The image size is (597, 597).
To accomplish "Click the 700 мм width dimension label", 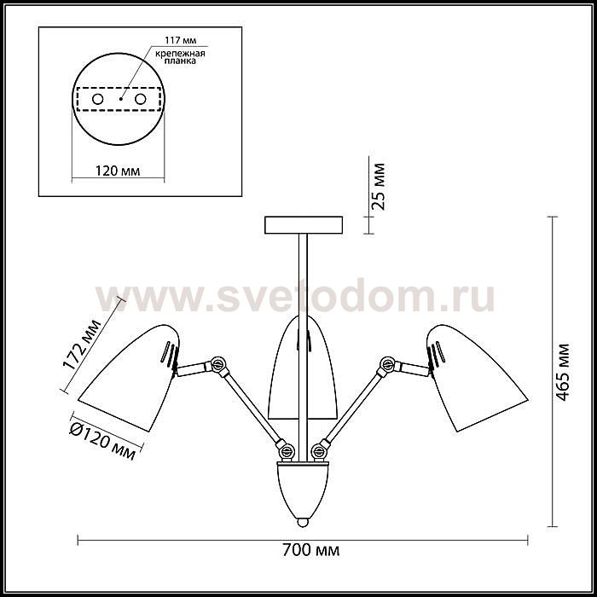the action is [x=310, y=550].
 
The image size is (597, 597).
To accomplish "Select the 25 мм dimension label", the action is [x=379, y=187].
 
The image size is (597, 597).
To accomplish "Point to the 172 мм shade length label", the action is [x=82, y=345].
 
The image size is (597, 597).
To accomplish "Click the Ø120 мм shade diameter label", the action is [x=103, y=441].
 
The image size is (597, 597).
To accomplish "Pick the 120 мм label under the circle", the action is [x=118, y=171].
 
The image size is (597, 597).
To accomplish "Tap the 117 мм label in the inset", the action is [x=181, y=40].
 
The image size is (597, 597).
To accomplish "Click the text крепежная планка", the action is [x=181, y=57].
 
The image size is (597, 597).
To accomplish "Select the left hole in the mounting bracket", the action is [x=98, y=100].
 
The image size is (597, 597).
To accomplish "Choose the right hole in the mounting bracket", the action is [x=140, y=100].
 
